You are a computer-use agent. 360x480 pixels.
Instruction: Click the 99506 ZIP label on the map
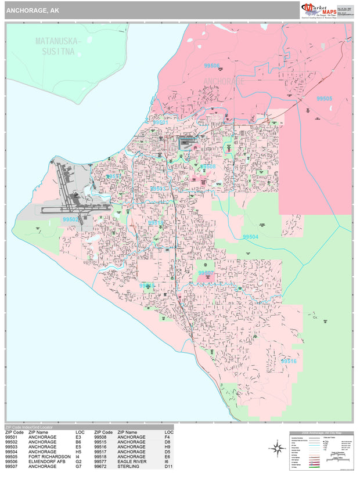[212, 66]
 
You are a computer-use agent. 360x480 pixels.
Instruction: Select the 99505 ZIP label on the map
[325, 99]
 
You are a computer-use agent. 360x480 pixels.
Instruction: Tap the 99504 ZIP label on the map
[250, 237]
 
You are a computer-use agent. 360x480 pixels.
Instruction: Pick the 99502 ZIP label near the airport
[70, 220]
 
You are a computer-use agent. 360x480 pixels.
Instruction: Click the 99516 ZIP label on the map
[289, 361]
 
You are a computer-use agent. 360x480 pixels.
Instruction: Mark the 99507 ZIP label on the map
[206, 273]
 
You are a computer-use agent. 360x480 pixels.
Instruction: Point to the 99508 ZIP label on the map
[208, 167]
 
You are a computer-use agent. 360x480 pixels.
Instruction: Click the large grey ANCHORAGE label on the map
[225, 82]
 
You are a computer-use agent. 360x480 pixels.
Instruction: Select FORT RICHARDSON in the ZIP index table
[49, 456]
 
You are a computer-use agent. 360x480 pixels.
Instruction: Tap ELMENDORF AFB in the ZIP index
[46, 461]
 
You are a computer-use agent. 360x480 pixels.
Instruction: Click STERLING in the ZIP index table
[128, 467]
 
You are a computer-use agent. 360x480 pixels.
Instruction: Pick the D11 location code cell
[168, 467]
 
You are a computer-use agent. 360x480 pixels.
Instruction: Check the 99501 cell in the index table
[14, 436]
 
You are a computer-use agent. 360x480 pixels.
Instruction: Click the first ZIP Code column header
[15, 432]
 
